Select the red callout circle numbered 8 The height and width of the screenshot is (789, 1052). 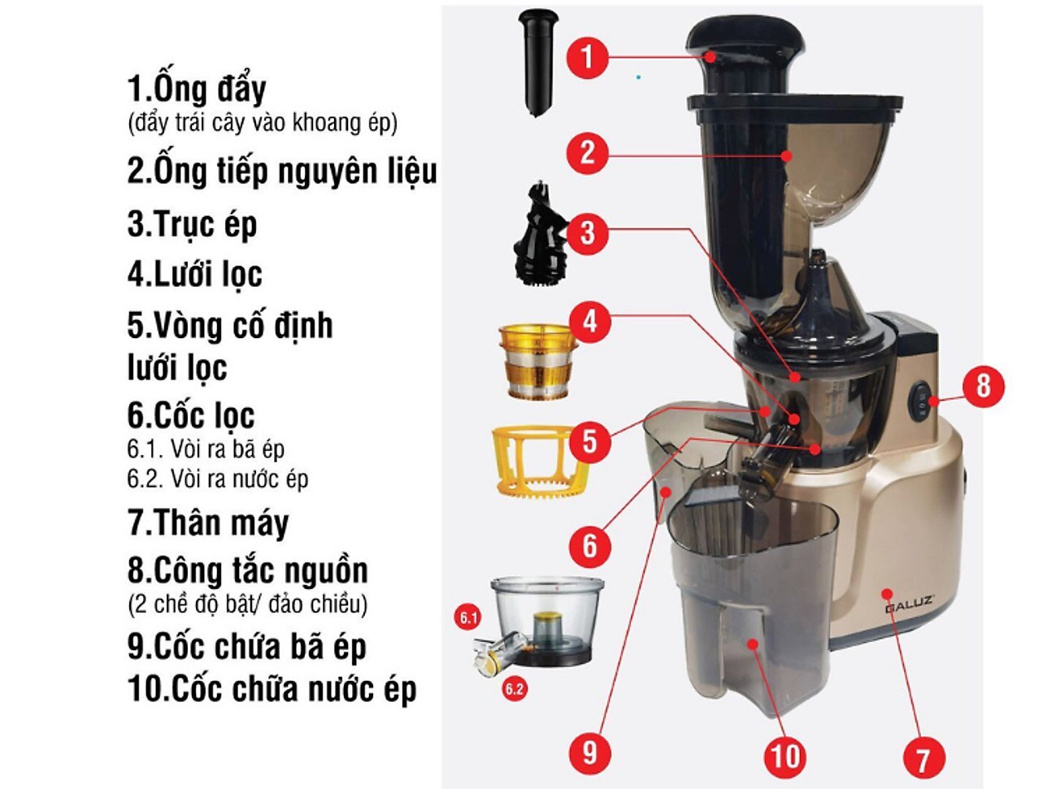tap(983, 385)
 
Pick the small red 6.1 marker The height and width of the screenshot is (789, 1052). tap(469, 618)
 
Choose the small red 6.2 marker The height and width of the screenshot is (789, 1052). tap(514, 690)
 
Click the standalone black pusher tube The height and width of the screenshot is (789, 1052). tap(538, 61)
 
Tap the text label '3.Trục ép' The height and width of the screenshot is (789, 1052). tap(192, 223)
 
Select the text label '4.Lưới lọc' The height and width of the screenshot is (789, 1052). tap(195, 274)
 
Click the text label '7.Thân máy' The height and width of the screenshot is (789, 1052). tap(208, 522)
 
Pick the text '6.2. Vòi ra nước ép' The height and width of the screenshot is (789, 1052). tap(218, 479)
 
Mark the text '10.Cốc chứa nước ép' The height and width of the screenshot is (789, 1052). tap(272, 689)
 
